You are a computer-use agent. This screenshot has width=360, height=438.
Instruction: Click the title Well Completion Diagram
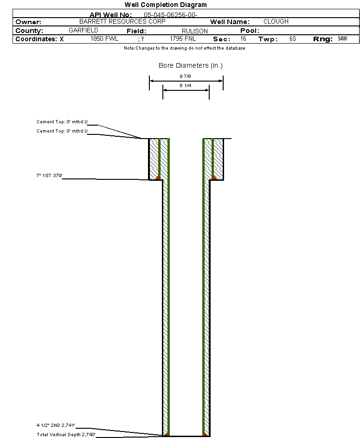166,5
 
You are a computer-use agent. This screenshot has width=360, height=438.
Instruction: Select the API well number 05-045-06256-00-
171,15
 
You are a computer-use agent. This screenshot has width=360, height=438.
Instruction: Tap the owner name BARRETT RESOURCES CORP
122,21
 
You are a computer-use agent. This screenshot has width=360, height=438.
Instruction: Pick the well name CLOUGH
276,21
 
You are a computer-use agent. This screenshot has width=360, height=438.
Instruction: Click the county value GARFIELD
84,30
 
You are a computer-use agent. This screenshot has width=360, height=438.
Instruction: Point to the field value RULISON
195,31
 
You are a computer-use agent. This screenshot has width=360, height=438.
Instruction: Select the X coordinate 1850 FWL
104,38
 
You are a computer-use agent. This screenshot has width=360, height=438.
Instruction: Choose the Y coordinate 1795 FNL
183,38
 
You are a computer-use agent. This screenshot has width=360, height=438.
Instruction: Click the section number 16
243,38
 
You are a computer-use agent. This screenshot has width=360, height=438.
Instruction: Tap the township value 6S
293,38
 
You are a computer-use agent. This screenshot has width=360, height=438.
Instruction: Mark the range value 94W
342,38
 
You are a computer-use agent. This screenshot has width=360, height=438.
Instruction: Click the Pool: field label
250,31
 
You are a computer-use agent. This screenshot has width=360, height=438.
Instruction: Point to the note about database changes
185,48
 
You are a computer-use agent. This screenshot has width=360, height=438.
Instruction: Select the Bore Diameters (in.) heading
191,65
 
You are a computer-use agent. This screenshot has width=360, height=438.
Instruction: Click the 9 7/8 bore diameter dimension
185,76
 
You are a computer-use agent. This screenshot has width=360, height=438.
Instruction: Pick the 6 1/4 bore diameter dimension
185,85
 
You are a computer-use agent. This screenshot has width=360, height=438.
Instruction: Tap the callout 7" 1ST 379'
50,175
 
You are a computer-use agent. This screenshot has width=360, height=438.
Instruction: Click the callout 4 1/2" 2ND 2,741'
56,425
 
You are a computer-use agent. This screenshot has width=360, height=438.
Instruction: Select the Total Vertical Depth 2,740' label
66,434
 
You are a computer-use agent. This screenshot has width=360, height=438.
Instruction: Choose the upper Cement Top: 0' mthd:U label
62,122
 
